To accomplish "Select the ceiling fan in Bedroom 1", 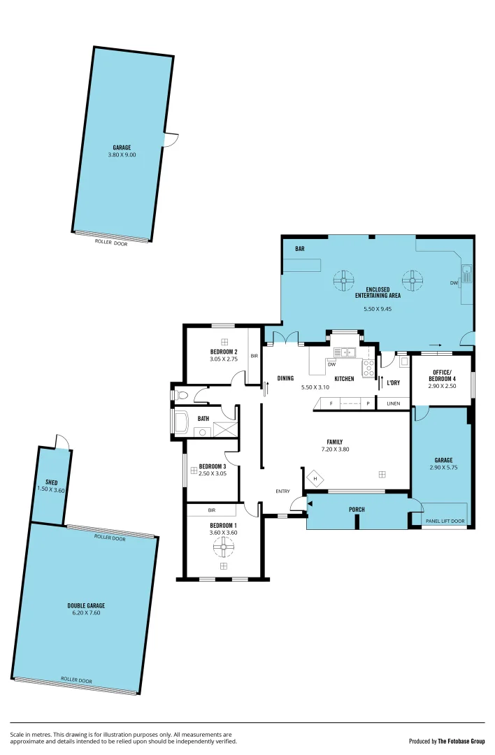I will pos(224,549).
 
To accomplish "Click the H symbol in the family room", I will pos(315,479).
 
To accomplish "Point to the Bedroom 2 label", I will pos(224,352).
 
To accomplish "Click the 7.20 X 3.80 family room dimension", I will pos(334,449).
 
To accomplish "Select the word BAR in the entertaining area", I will pos(300,249).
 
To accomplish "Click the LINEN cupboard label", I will pos(394,403).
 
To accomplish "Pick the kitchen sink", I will pos(344,352).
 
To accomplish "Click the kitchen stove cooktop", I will pos(368,368).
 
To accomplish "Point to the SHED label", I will pos(51,482).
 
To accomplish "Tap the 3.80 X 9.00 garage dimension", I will pos(122,154).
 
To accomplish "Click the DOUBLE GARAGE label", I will pos(86,605).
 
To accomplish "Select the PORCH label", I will pos(357,510).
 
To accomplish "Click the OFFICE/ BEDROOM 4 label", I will pos(442,375).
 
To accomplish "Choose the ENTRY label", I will pos(282,491).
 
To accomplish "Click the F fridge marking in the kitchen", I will pos(331,403).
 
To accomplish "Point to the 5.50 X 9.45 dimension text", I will pos(377,308).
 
